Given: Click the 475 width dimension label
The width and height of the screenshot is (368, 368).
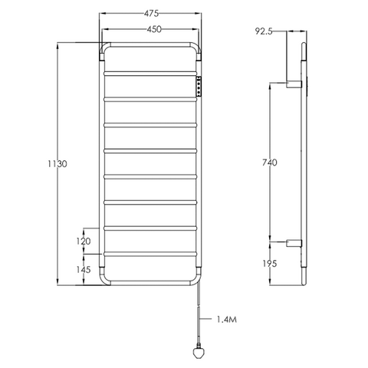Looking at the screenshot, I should point(150,12).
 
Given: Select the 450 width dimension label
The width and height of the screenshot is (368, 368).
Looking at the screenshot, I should point(150,30).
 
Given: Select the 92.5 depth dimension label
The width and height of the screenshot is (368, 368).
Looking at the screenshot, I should point(265,31).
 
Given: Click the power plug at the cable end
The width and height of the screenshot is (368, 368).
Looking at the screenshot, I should point(197,352).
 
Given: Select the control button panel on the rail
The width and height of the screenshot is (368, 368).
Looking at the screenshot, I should point(201,87).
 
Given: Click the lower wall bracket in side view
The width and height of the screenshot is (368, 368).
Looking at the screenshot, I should point(294,243).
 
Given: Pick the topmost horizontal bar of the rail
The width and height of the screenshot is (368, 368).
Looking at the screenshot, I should point(150,74).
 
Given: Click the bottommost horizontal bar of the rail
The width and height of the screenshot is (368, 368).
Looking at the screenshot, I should point(150,253).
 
